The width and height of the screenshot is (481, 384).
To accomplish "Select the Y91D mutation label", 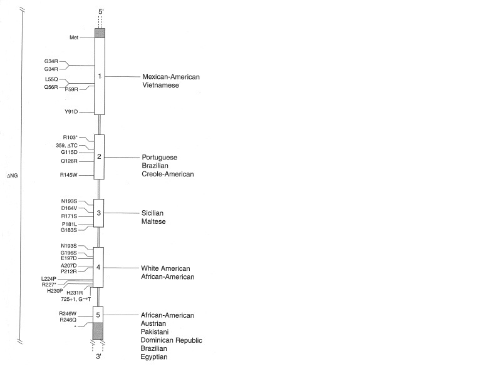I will click(71, 113).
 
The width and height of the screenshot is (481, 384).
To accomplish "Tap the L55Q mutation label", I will click(51, 80).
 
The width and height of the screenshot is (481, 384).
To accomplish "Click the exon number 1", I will click(99, 76).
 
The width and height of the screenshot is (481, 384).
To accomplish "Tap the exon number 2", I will click(99, 156).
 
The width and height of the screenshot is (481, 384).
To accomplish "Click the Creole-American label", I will click(168, 174).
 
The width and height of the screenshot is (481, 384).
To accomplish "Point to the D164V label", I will click(69, 208).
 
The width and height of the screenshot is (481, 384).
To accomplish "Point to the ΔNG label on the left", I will click(13, 176).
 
